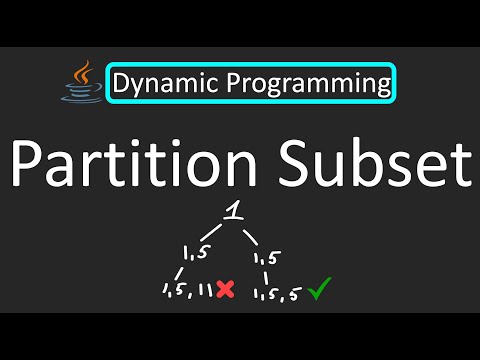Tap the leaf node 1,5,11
tap(187, 291)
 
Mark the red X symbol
tap(226, 290)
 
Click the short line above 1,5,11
tap(181, 273)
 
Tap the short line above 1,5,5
tap(266, 273)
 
